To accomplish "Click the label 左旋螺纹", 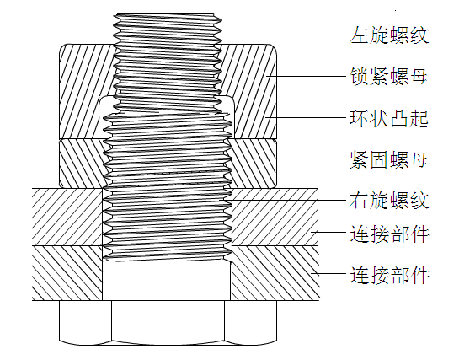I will [389, 36].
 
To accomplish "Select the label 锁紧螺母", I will [389, 78].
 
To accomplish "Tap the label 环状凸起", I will [389, 119].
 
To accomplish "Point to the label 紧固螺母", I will [389, 160].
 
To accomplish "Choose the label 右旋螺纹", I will [389, 201].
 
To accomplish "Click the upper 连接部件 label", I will [389, 234].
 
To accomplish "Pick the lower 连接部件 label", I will [389, 275].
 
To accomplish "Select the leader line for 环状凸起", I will [286, 119].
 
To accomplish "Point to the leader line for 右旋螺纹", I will [286, 201].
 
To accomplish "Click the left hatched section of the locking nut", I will [80, 93].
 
